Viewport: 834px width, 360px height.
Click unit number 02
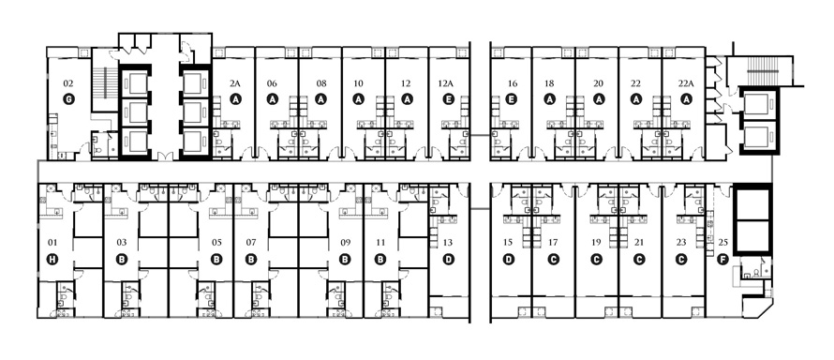pyautogui.click(x=68, y=83)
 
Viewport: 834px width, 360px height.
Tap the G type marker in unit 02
pyautogui.click(x=68, y=99)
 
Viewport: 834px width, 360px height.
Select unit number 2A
pyautogui.click(x=235, y=83)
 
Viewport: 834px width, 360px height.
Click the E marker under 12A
pyautogui.click(x=448, y=99)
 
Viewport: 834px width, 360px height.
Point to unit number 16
pyautogui.click(x=513, y=83)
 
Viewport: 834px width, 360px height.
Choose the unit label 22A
pyautogui.click(x=686, y=83)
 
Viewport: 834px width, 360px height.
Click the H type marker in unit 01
pyautogui.click(x=52, y=260)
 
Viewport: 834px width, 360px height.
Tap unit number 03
pyautogui.click(x=122, y=243)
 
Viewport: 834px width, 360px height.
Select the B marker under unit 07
pyautogui.click(x=251, y=260)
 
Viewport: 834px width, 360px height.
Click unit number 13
pyautogui.click(x=447, y=243)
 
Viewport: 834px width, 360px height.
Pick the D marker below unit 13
pyautogui.click(x=448, y=260)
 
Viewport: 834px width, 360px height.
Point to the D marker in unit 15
pyautogui.click(x=509, y=260)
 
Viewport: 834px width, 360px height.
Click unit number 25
pyautogui.click(x=722, y=243)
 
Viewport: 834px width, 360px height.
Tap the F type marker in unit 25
pyautogui.click(x=722, y=260)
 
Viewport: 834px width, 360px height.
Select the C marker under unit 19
pyautogui.click(x=596, y=260)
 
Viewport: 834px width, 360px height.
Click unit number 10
pyautogui.click(x=358, y=83)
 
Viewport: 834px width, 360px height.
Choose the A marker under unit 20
pyautogui.click(x=600, y=99)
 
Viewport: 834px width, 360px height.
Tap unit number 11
pyautogui.click(x=380, y=243)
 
